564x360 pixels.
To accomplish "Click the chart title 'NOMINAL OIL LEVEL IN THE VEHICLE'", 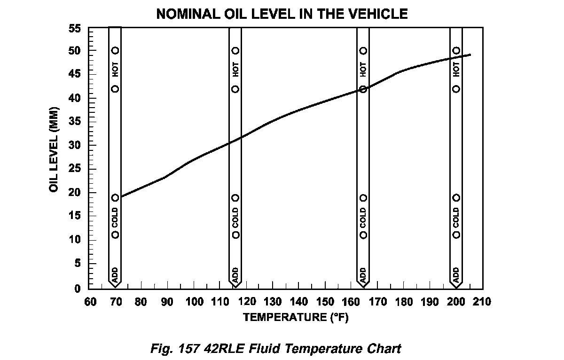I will [x=282, y=14].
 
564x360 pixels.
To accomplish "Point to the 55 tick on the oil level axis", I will [x=76, y=29].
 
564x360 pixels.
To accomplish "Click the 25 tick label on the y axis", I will [x=76, y=169].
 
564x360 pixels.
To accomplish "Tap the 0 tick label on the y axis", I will [x=78, y=288].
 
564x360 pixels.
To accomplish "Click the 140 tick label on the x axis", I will [x=299, y=302].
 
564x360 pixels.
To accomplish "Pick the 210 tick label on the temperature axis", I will [x=483, y=302].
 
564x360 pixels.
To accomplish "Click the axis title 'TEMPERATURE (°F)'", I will [x=295, y=317].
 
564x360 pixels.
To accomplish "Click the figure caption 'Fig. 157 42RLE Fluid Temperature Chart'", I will [x=275, y=349].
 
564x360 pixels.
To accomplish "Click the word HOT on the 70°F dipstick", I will [x=115, y=70].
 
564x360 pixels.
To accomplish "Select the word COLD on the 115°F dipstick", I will [x=235, y=216].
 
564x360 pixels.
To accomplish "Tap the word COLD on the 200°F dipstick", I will [x=456, y=216].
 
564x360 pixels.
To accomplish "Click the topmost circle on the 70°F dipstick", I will [x=115, y=50].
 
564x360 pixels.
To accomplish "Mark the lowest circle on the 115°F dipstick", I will [x=235, y=235].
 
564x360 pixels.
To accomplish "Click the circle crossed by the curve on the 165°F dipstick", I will [x=363, y=89].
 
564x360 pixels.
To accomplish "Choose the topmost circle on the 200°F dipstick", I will [x=456, y=50].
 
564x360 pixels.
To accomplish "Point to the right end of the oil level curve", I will [x=470, y=55].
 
